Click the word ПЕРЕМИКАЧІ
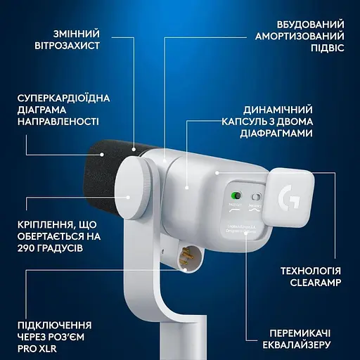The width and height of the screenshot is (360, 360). [304, 333]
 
